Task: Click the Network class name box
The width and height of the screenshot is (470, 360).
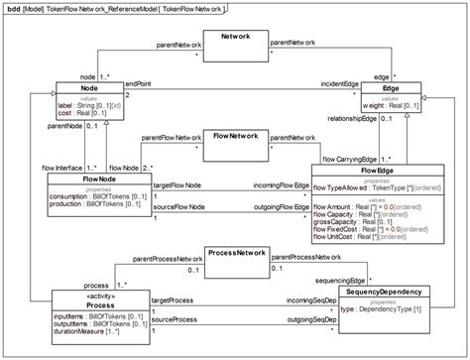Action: click(235, 36)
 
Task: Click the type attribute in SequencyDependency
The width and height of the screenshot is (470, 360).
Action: click(381, 309)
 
